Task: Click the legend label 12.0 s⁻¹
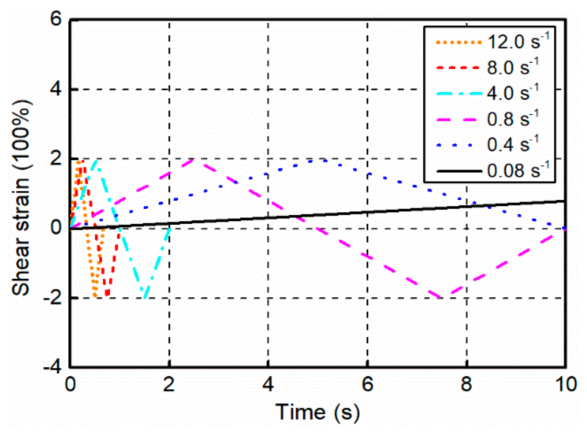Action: click(518, 42)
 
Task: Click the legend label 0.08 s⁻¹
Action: click(518, 170)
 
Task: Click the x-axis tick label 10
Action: click(566, 385)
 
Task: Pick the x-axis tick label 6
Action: click(367, 385)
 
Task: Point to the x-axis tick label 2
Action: click(169, 385)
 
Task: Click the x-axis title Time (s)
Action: click(317, 413)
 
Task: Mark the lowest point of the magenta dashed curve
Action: click(441, 298)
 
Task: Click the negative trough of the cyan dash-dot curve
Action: click(144, 297)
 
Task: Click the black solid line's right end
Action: click(565, 201)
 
